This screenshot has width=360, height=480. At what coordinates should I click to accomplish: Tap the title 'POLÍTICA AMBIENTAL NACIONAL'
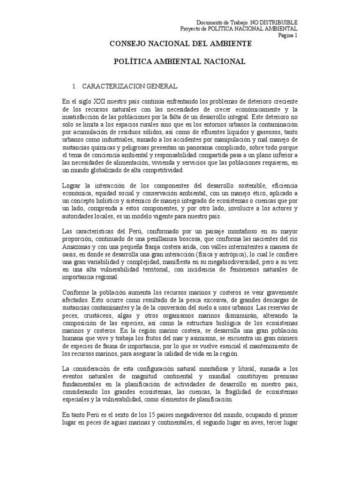180,61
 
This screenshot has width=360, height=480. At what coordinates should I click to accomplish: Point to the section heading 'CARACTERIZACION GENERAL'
129,87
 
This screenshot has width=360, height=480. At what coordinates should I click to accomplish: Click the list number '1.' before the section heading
74,87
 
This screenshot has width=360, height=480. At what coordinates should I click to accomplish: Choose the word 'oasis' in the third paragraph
69,255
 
